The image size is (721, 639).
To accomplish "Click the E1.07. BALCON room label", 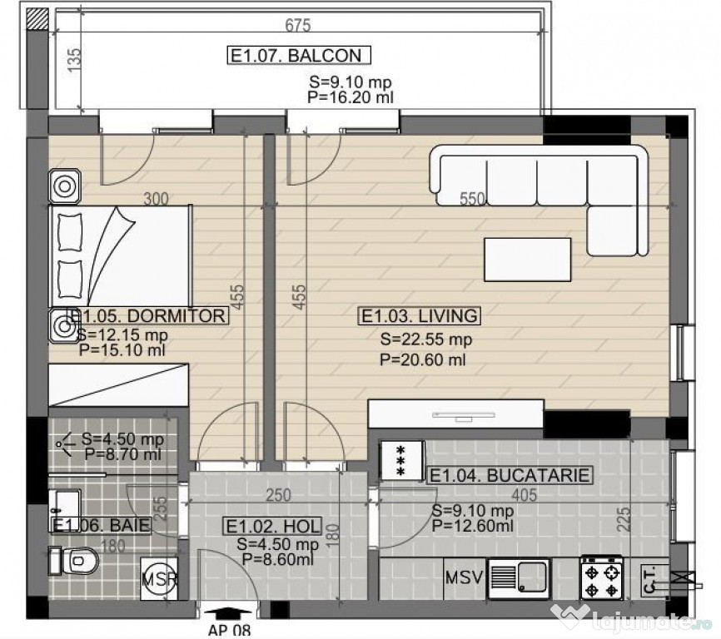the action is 299,55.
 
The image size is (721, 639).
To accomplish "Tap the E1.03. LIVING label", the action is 420,316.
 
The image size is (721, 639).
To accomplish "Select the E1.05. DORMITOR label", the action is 148,316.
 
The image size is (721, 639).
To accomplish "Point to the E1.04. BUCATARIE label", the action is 509,475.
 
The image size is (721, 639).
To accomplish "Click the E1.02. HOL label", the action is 273,526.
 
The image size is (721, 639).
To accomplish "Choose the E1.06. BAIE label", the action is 102,525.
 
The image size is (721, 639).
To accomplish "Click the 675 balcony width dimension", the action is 298,25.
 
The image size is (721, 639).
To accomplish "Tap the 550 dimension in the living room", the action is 472,199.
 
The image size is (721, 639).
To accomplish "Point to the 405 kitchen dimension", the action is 525,495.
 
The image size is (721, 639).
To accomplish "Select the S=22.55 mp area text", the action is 425,339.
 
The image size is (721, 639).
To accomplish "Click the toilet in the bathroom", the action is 73,561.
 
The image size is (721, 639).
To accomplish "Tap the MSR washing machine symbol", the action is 159,579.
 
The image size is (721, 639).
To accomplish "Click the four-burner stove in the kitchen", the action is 602,577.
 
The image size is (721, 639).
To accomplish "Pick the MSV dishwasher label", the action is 464,577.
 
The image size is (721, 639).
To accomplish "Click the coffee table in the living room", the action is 527,260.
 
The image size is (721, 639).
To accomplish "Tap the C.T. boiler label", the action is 649,581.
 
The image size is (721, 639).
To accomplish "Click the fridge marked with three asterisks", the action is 401,461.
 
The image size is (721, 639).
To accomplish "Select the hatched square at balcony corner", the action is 37,19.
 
